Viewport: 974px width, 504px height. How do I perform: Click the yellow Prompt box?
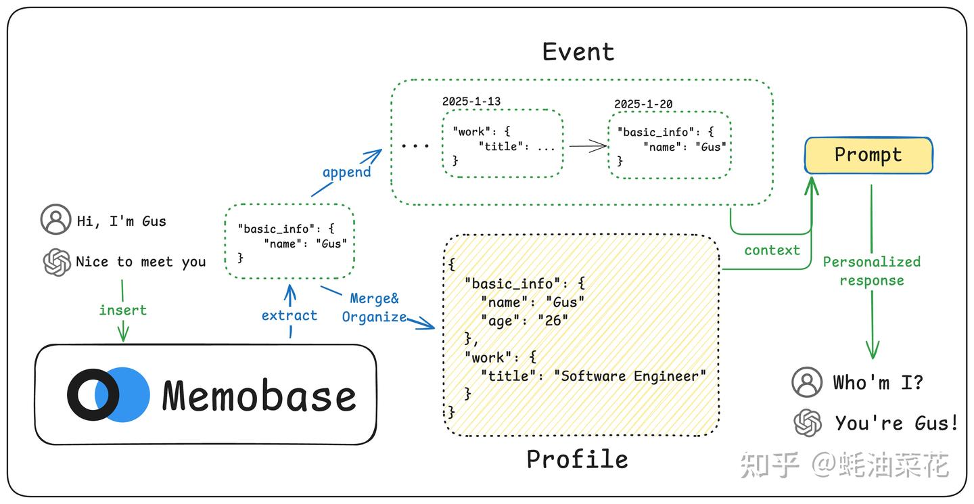point(868,156)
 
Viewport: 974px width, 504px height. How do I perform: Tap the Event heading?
point(578,52)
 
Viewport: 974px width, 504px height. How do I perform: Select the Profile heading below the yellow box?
point(577,459)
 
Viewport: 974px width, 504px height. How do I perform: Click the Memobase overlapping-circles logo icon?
point(108,395)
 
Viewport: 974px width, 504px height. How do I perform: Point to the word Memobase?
point(259,396)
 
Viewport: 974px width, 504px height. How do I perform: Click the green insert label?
point(122,310)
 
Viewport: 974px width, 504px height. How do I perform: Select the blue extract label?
point(289,315)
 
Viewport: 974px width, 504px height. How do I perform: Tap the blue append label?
point(346,172)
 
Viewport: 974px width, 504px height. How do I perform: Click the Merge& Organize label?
point(375,308)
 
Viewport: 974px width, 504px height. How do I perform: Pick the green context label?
point(772,250)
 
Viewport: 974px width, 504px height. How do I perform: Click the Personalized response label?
point(871,271)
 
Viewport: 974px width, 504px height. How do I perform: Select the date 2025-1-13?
point(471,101)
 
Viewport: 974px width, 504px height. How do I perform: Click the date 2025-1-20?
point(643,104)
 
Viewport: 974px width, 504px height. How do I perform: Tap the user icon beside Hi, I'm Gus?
point(55,220)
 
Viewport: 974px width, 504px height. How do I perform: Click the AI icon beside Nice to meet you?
point(57,262)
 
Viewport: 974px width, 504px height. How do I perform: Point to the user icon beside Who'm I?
point(807,382)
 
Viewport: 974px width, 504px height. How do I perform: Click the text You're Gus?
point(896,423)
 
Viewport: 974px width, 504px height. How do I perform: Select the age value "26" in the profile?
point(553,321)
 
